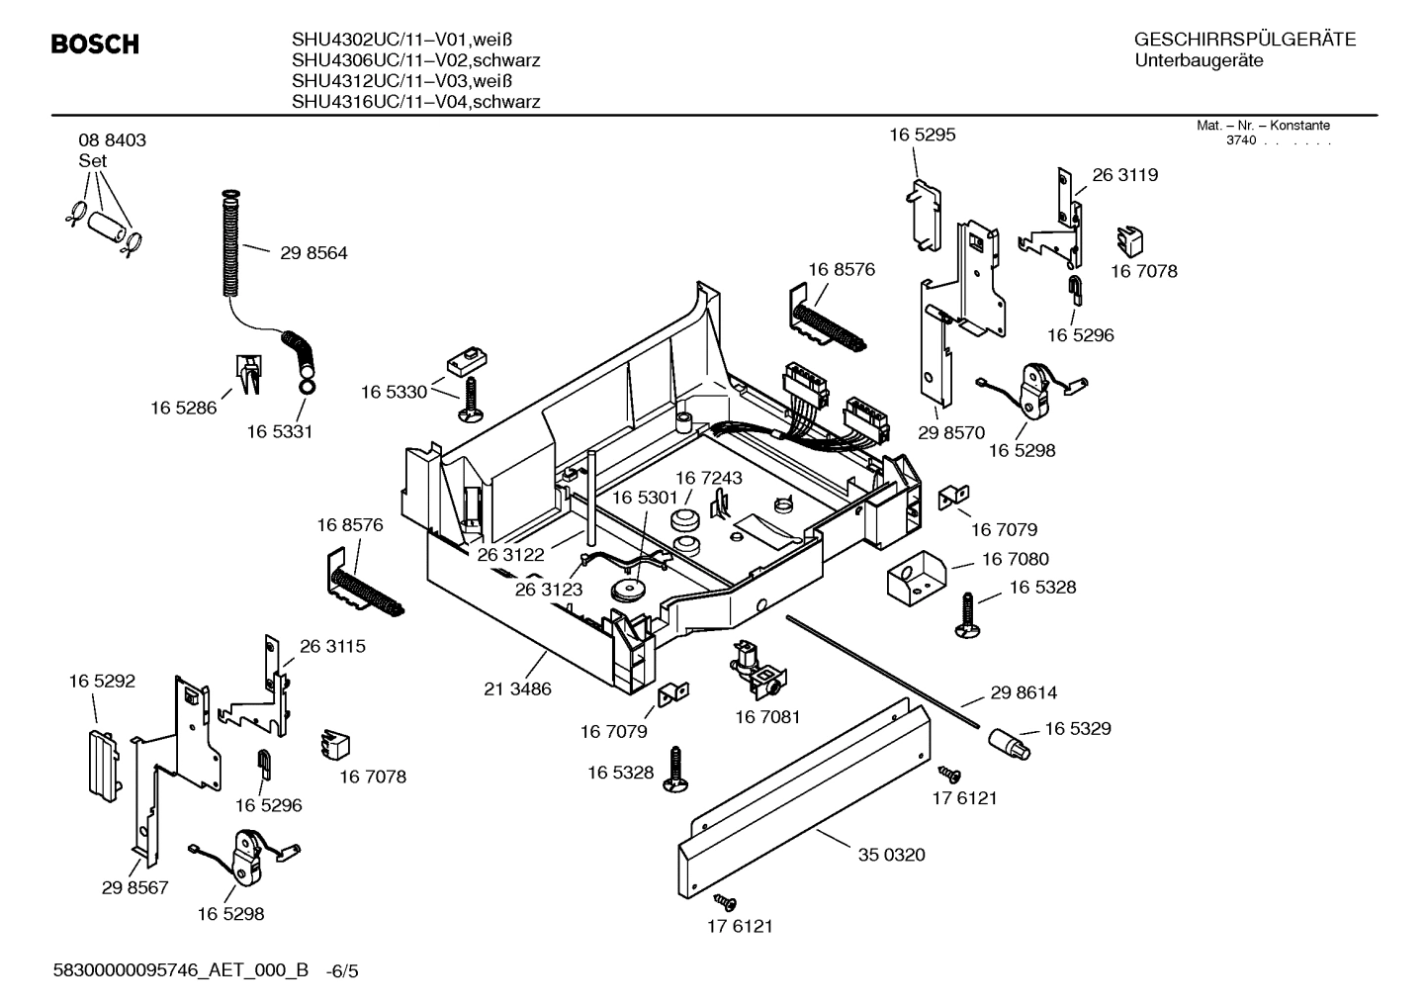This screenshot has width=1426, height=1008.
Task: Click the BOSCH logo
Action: tap(94, 45)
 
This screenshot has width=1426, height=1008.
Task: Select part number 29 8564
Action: tap(313, 253)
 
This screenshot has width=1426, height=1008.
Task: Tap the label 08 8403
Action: tap(112, 140)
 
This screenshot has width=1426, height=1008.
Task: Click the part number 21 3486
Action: tap(517, 688)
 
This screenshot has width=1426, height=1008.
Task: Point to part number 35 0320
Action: tap(891, 855)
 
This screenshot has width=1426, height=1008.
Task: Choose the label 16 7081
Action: tap(767, 716)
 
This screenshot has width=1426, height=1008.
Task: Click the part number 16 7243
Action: tap(708, 478)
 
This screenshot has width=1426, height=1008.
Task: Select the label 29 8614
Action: tap(1024, 693)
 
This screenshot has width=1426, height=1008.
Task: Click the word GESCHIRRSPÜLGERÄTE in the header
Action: tap(1244, 41)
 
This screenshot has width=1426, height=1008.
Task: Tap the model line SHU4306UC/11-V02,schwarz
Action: tap(415, 60)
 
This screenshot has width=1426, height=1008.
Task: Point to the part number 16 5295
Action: tap(922, 135)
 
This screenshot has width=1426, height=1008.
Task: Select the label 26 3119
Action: tap(1124, 175)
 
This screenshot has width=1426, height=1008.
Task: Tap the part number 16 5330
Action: tap(394, 392)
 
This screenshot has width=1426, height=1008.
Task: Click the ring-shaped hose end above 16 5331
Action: tap(307, 387)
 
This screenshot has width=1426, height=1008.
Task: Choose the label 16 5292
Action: tap(102, 682)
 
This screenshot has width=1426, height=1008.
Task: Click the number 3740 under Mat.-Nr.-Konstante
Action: tap(1240, 140)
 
